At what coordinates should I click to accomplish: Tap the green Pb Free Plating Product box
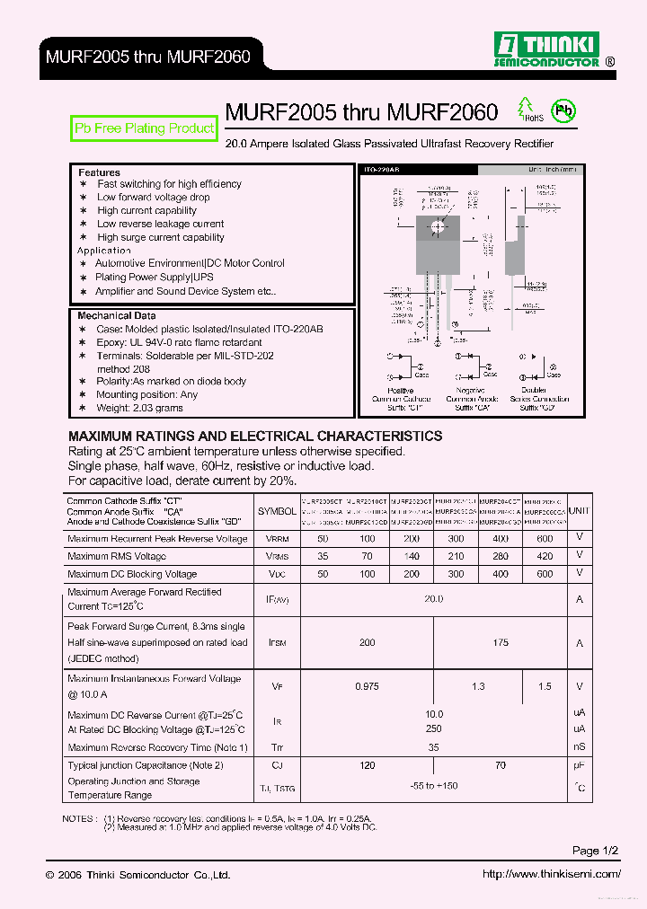coord(145,128)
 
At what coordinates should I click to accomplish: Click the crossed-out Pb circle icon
coord(563,111)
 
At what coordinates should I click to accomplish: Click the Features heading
coord(99,172)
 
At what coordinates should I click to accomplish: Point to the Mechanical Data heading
coord(116,316)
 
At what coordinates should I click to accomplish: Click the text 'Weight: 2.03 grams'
coord(139,408)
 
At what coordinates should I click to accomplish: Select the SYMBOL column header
coord(277,511)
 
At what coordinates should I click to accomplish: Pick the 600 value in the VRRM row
coord(545,538)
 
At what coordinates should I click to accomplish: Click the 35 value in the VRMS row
coord(323,556)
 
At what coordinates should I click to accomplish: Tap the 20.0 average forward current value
coord(433,599)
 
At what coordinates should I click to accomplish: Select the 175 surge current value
coord(501,642)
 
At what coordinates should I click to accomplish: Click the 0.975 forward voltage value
coord(366,686)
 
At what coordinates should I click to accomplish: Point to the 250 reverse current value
coord(433,729)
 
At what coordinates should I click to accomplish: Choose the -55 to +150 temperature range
coord(433,786)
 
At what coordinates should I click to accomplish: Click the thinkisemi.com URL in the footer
coord(551,874)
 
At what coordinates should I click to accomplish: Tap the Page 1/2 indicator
coord(596,851)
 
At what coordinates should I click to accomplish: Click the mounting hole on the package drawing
coord(438,225)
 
